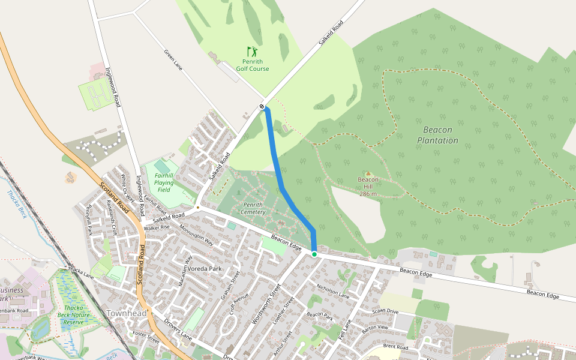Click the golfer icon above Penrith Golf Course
click(252, 52)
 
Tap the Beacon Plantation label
click(437, 135)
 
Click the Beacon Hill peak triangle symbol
click(368, 173)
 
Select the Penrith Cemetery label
click(253, 208)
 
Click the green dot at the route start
click(314, 254)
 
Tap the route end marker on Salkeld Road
click(262, 107)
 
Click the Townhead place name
click(127, 313)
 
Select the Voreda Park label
click(205, 269)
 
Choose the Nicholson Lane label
click(332, 292)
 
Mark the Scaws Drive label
click(385, 311)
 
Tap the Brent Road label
click(395, 347)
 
